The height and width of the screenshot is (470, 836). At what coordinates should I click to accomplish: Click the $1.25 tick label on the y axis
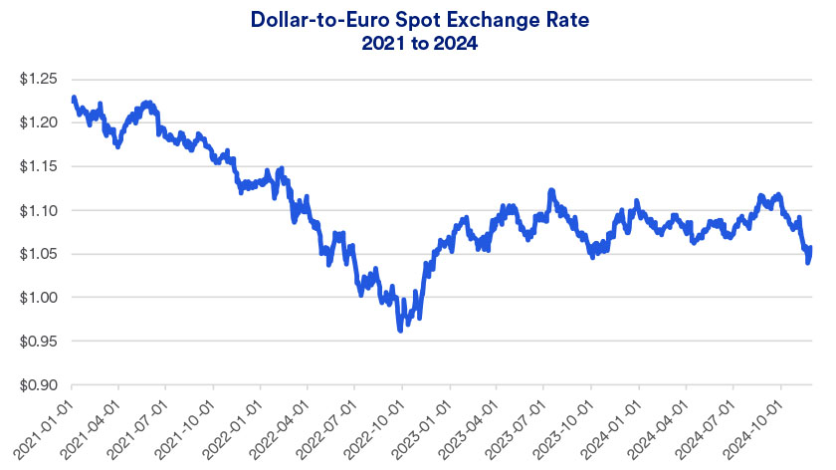[37, 79]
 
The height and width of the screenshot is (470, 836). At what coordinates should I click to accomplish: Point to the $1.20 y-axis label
[37, 122]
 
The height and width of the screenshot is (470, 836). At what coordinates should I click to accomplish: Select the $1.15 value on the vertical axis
[37, 166]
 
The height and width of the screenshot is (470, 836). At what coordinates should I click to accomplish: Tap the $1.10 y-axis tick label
[37, 210]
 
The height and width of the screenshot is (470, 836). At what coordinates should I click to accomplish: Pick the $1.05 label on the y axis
[37, 254]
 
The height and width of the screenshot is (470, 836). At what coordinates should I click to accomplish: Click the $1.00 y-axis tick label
[37, 298]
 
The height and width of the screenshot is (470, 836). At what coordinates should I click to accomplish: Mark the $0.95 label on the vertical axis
[37, 342]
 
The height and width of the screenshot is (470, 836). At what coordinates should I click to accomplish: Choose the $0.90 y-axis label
[37, 385]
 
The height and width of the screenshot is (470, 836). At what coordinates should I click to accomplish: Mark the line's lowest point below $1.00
[400, 329]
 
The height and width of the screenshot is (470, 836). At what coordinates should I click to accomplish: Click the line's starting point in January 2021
[74, 98]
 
